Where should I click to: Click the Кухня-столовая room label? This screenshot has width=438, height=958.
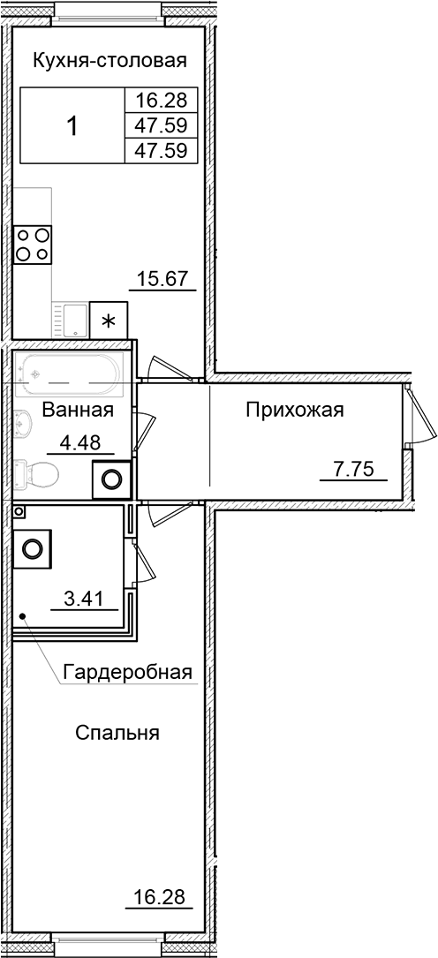click(109, 61)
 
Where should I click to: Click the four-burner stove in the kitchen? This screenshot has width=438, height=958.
click(32, 244)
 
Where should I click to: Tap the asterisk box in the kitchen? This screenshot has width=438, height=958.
click(109, 321)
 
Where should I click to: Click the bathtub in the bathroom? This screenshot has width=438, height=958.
click(69, 374)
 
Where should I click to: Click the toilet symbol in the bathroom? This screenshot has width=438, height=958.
click(37, 476)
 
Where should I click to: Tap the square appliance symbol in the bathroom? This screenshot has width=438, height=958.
click(112, 479)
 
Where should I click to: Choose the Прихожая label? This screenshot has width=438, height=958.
click(294, 410)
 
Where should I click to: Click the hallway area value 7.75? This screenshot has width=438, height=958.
click(352, 469)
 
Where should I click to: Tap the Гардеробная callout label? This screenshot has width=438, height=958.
click(127, 673)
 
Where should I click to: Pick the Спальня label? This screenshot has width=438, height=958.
click(117, 733)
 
